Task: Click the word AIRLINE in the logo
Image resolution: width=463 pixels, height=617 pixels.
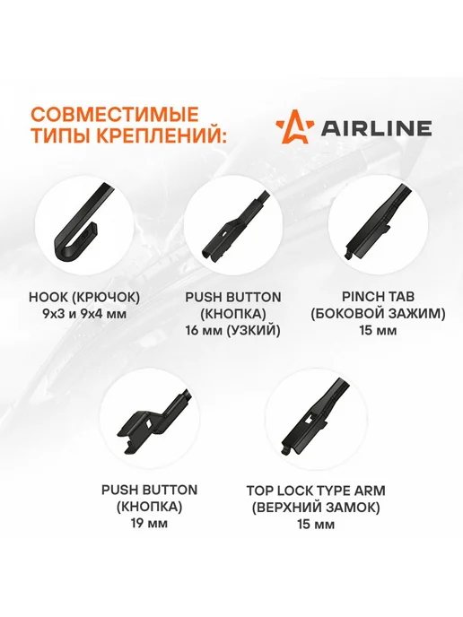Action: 376,128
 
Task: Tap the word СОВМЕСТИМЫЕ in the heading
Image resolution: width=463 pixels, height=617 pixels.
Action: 115,115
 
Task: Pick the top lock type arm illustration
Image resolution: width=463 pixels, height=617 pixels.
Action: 314,418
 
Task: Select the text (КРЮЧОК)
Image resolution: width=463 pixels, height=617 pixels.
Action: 105,298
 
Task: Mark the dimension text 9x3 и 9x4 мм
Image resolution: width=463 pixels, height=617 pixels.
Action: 84,315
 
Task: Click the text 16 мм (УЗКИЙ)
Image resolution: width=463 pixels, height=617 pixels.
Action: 233,331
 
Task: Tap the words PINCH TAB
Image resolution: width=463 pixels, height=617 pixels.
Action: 378,297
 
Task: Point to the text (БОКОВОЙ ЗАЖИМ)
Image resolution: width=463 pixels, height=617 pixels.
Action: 378,314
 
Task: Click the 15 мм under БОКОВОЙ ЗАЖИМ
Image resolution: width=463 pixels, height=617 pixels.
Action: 378,331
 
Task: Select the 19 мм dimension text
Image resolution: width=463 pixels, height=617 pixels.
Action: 149,524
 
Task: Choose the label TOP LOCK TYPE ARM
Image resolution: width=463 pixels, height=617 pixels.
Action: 316,491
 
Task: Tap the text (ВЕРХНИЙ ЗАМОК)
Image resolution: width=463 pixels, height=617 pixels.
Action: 316,508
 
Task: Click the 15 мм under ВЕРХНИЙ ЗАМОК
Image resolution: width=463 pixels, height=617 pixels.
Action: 316,525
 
